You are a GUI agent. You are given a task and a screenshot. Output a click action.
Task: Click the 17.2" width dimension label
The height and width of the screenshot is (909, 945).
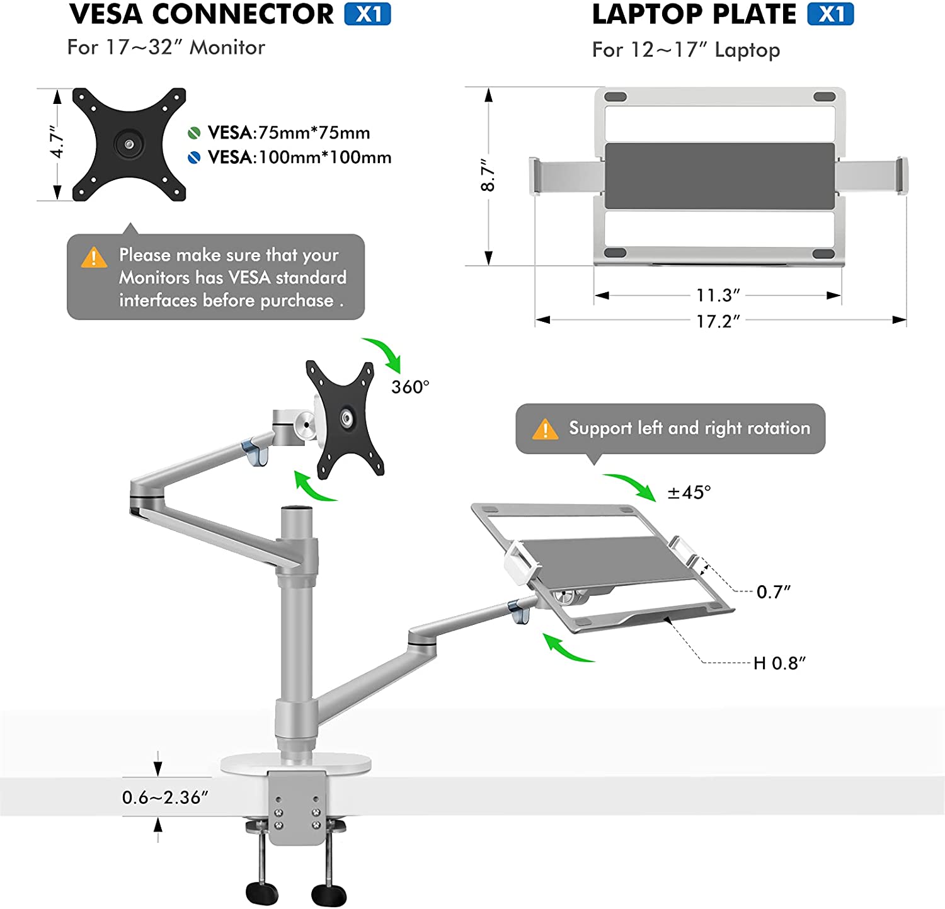[718, 321]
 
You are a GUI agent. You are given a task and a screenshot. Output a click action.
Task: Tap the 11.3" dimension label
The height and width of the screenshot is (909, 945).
[718, 295]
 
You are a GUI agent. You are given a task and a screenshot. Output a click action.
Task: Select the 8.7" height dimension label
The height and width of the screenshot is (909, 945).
[488, 175]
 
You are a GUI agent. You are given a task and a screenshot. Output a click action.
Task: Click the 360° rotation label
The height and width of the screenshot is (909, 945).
[410, 387]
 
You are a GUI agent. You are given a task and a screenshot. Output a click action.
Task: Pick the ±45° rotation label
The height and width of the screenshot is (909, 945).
[689, 492]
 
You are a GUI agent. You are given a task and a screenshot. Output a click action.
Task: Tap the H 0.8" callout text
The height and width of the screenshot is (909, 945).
[779, 663]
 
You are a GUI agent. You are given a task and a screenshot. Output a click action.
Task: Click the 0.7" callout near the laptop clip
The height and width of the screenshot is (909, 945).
[773, 592]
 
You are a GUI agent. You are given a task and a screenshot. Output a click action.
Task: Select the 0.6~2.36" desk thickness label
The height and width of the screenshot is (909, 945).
[165, 798]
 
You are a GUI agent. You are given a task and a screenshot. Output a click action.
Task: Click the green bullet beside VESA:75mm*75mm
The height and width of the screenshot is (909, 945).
[194, 133]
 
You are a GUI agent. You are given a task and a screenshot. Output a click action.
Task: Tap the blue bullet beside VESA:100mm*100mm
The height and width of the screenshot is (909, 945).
[194, 157]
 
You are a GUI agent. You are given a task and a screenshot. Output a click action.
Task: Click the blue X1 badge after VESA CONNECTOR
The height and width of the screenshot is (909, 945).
[367, 14]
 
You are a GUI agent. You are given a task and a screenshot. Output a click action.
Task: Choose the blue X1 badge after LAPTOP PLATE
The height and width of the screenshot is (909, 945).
[830, 14]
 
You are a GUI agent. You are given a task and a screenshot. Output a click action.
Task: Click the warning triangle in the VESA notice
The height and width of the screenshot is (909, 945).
[94, 257]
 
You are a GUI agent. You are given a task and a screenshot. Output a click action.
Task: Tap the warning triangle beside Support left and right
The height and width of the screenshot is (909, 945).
[545, 429]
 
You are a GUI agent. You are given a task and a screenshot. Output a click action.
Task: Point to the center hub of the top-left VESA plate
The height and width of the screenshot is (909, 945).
[129, 144]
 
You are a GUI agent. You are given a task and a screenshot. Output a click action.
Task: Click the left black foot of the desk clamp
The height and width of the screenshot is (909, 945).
[262, 893]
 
